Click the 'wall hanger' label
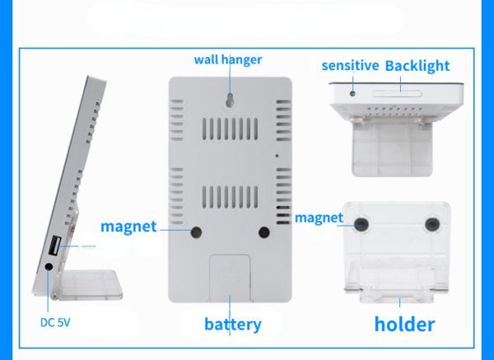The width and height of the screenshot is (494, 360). coord(228,59)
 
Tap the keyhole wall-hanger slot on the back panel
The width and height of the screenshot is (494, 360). coord(229,98)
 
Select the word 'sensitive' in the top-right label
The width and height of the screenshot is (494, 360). coord(350,65)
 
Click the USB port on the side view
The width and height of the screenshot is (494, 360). coord(54,245)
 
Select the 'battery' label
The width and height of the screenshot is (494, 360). coord(232,323)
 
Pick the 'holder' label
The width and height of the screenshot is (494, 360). coord(404,323)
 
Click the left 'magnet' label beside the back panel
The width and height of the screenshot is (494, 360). coord(128,226)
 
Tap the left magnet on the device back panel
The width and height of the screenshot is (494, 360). coord(197,232)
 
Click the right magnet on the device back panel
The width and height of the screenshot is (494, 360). coord(263,232)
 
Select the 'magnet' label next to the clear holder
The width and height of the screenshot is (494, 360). coord(318,217)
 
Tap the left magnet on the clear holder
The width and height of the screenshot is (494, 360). coord(362,222)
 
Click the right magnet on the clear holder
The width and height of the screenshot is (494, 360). coord(431,222)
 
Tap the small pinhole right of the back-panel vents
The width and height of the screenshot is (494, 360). coord(277,155)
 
